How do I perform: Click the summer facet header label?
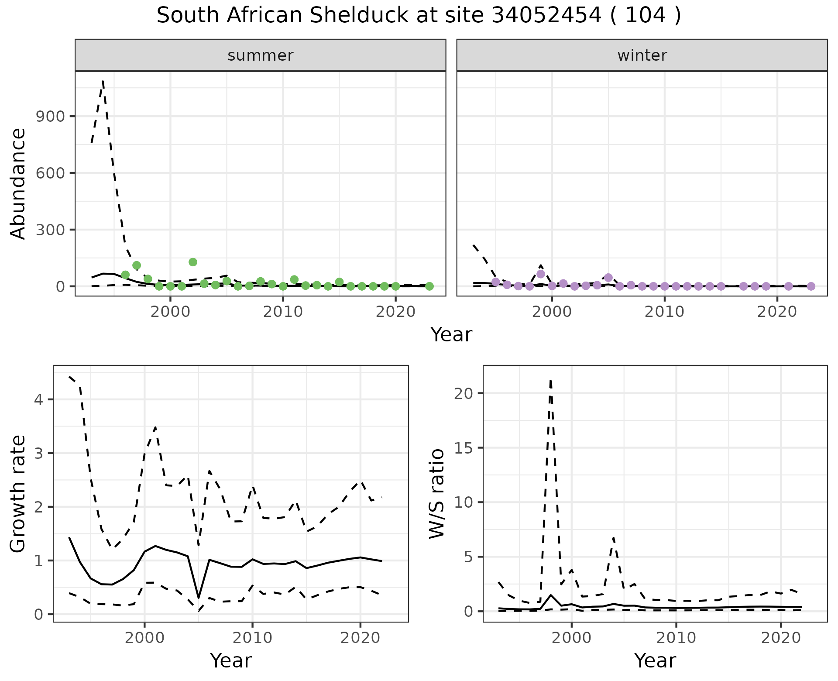(x=261, y=55)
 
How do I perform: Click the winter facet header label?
(x=642, y=55)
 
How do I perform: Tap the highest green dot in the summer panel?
(x=193, y=262)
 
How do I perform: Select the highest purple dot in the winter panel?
(x=541, y=274)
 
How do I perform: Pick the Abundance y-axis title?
(x=18, y=184)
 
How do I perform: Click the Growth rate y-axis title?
(x=18, y=494)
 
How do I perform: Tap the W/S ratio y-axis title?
(x=436, y=494)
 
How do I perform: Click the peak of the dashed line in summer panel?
(x=103, y=81)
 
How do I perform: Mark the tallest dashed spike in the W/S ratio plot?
(x=551, y=381)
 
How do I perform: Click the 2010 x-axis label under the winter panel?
(x=664, y=312)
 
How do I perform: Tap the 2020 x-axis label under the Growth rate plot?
(x=360, y=638)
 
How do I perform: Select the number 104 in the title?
(x=646, y=16)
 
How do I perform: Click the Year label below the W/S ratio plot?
(x=655, y=660)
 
